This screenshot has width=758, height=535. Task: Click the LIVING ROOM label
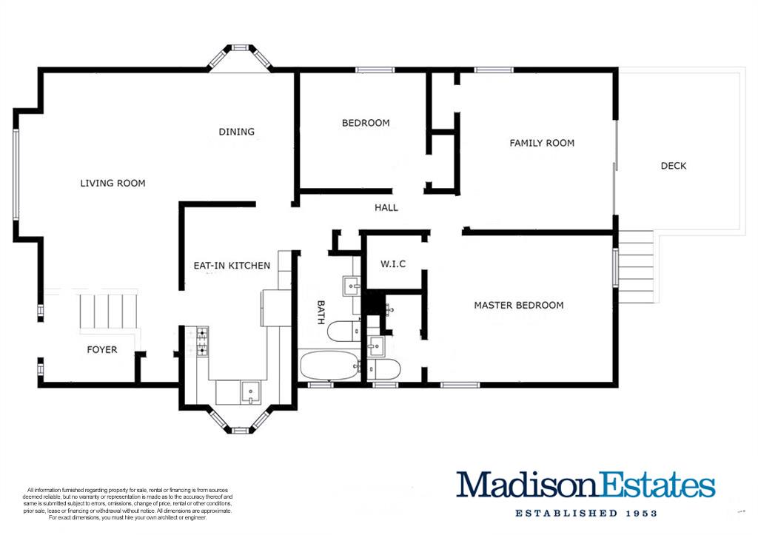point(113,184)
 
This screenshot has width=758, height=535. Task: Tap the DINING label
point(236,132)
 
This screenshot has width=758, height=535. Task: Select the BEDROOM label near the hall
point(366,123)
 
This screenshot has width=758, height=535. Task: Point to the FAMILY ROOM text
point(542,143)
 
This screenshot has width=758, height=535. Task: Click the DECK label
point(674,166)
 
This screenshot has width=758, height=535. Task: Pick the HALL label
point(386,208)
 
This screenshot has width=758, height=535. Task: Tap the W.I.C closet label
point(392,264)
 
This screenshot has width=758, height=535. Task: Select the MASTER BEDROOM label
point(519,306)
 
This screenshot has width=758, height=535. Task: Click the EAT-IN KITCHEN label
point(232,266)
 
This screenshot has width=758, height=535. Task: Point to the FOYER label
point(102,349)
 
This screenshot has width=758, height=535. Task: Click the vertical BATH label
point(321,312)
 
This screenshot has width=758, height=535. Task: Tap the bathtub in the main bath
point(328,366)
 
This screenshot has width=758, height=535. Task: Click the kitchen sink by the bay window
point(250,392)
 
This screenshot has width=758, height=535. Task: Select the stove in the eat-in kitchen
point(202,341)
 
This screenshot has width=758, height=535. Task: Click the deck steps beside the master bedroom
point(636,267)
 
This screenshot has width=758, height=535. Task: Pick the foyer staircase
point(109,312)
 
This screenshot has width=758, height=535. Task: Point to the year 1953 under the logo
point(641,514)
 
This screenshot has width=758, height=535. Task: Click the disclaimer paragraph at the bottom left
point(127,504)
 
